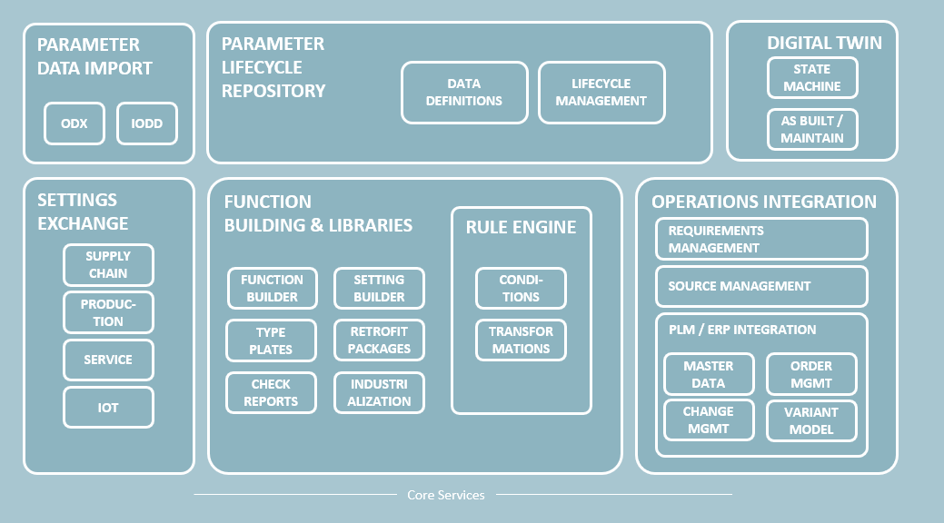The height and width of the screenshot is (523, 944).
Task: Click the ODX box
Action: [75, 123]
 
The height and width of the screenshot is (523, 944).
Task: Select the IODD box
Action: [147, 123]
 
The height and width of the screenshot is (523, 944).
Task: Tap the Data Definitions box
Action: [464, 93]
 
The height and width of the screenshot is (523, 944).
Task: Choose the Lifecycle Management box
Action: [601, 93]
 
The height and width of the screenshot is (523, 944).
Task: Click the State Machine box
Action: [812, 78]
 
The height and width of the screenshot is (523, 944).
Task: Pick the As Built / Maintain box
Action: [812, 130]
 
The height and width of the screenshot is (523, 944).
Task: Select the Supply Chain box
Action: [108, 265]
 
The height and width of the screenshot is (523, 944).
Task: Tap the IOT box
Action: [108, 408]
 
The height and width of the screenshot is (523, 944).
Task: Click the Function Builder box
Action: [273, 288]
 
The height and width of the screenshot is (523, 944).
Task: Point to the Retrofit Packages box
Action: [379, 340]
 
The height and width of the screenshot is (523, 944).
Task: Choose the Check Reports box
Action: [271, 393]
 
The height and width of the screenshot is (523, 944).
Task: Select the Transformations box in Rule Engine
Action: [521, 340]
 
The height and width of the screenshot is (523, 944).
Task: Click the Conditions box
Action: [521, 288]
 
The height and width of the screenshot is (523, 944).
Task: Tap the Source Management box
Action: [761, 287]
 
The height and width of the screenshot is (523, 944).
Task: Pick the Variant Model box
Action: [811, 420]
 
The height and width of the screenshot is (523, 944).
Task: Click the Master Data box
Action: [709, 374]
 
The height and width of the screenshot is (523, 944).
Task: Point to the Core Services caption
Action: [446, 495]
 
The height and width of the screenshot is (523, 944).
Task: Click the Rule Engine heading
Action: [521, 227]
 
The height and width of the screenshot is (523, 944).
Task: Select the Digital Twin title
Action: [824, 43]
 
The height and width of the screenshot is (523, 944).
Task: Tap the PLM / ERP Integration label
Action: [742, 330]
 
